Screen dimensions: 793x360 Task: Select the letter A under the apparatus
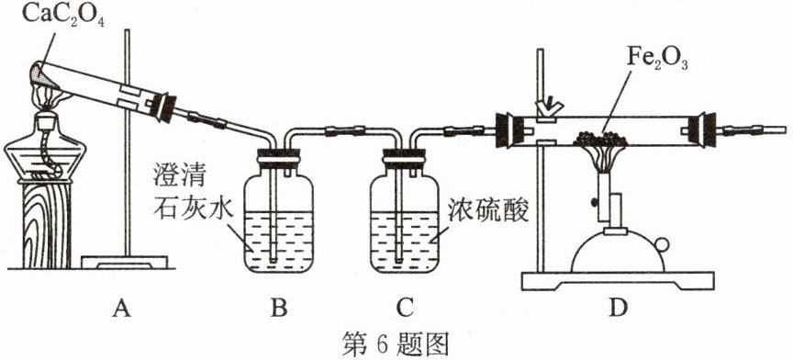[121, 307]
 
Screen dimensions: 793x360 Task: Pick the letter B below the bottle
[279, 307]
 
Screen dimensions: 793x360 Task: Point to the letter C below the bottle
[404, 307]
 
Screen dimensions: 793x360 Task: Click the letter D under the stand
[617, 307]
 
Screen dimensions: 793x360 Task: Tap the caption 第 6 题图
[396, 343]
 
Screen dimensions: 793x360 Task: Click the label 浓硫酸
[488, 211]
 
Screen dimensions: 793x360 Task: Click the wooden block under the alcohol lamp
[47, 224]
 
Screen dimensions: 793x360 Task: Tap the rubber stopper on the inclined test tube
[167, 107]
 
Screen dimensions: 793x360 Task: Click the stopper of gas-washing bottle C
[404, 158]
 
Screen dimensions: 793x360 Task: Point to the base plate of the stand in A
[124, 263]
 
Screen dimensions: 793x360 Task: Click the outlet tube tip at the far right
[786, 130]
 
